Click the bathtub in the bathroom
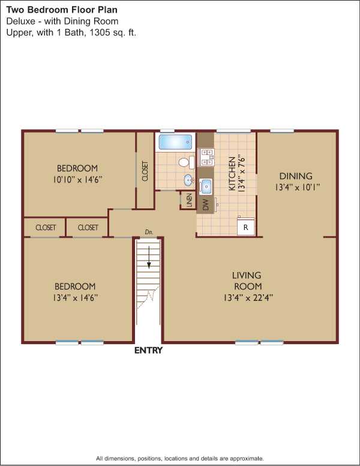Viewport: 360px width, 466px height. pos(176,142)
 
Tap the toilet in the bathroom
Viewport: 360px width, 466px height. pos(186,163)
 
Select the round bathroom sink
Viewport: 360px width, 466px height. pos(188,180)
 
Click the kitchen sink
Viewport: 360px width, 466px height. pos(205,186)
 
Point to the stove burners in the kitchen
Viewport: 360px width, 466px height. pos(206,157)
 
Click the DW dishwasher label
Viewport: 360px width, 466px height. pos(206,204)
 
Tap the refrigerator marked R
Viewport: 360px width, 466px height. pos(245,226)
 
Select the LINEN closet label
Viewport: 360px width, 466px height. pos(189,201)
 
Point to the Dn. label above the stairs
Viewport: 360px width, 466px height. pos(149,232)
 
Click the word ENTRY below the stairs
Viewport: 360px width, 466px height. pos(149,350)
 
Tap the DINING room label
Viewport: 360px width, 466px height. pos(296,176)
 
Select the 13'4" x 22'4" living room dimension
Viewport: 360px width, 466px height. pos(248,297)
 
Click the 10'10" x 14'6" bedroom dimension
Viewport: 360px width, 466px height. pos(77,180)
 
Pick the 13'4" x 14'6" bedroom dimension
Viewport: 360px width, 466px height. pos(75,297)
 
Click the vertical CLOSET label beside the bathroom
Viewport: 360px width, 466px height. pos(145,171)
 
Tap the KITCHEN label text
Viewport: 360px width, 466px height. pos(232,174)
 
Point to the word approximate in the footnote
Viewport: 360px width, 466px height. pos(247,459)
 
